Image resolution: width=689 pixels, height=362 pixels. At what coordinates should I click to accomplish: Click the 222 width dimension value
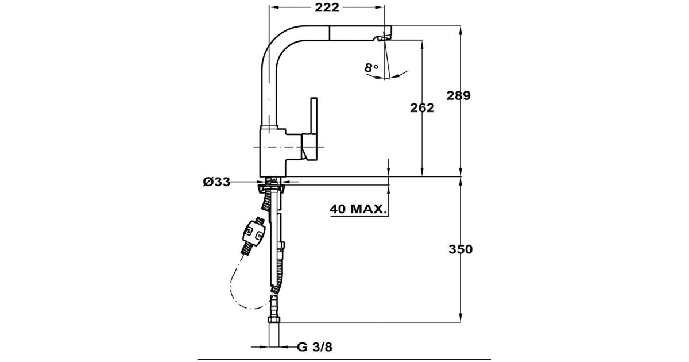[x=327, y=7]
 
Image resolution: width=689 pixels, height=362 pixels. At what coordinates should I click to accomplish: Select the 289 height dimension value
[x=459, y=96]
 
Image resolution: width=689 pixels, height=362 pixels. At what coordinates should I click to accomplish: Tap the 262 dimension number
[x=422, y=107]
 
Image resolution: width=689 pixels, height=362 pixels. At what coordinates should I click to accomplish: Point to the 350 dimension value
[x=460, y=249]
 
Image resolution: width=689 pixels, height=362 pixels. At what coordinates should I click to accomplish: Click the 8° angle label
[x=371, y=68]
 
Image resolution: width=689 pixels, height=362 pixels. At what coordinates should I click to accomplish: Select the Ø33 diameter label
[x=216, y=182]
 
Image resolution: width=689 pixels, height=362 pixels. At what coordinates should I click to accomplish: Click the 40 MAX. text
[x=357, y=209]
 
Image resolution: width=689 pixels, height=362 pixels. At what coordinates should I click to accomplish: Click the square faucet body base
[x=274, y=152]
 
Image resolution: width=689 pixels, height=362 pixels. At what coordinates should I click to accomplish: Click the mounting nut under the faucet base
[x=273, y=184]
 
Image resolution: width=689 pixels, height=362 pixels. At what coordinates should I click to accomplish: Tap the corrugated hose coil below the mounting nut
[x=267, y=200]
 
